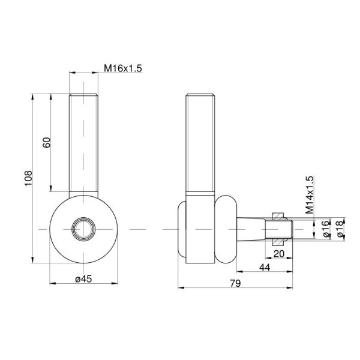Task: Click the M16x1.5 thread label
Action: (123, 68)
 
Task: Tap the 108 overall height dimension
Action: (28, 178)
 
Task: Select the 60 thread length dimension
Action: (47, 142)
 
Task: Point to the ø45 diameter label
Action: (83, 279)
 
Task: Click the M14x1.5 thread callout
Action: (310, 195)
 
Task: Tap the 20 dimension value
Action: (279, 254)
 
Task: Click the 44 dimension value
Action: (265, 267)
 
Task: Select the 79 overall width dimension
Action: (236, 283)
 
